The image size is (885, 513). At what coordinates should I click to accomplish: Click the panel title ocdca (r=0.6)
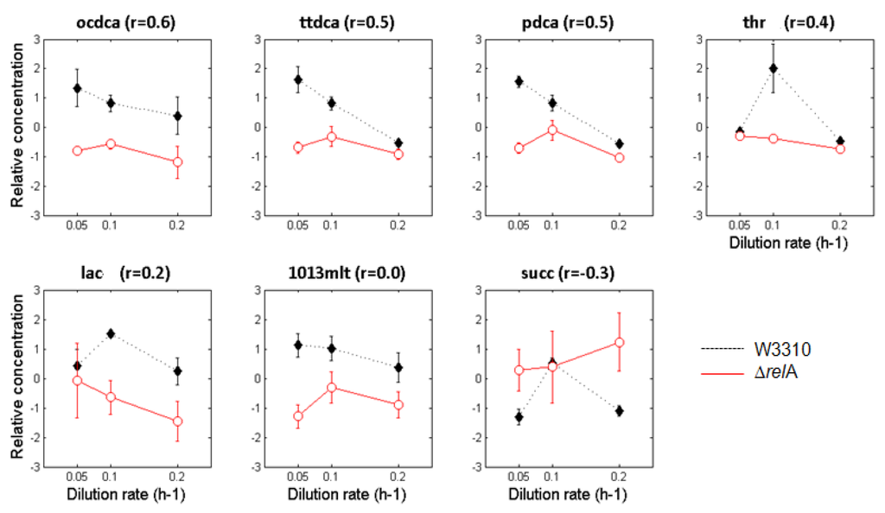[x=126, y=23]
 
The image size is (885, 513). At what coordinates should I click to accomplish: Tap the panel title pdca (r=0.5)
[x=568, y=23]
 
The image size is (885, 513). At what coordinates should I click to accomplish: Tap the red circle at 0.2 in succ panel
[x=619, y=343]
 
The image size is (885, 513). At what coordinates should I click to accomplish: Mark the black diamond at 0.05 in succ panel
[x=519, y=417]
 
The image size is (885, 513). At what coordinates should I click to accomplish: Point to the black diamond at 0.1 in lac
[x=111, y=333]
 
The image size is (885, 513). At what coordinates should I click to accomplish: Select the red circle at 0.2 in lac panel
[x=178, y=421]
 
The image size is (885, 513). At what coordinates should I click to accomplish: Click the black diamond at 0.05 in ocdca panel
[x=77, y=88]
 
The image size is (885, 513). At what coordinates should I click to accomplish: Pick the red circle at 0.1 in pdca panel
[x=552, y=130]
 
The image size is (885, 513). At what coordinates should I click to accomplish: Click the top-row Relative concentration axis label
[x=16, y=126]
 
